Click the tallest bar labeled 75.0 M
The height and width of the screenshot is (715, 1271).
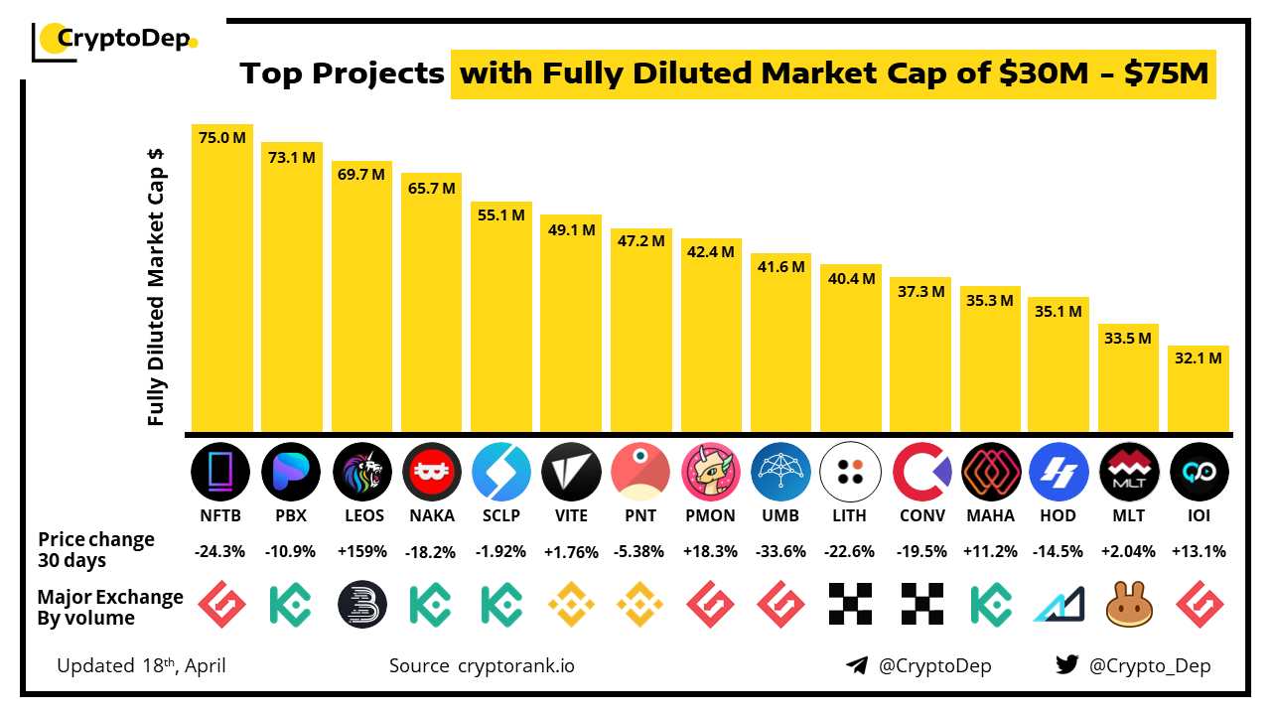click(222, 278)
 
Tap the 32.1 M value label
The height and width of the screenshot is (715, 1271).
click(1199, 358)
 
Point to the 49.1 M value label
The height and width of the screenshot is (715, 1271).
click(571, 229)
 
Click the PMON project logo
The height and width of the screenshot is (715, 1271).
click(711, 471)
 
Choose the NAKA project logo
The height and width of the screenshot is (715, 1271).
click(432, 471)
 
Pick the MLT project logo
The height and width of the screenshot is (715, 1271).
click(1129, 471)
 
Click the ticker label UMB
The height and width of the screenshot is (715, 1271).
click(780, 515)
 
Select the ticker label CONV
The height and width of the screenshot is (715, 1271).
click(920, 515)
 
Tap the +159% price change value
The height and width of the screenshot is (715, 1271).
click(361, 551)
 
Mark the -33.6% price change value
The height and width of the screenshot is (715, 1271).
click(780, 551)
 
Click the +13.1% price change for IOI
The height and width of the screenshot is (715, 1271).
click(1199, 551)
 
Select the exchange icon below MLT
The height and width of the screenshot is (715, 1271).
click(1129, 603)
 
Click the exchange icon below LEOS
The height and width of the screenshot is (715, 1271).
click(361, 603)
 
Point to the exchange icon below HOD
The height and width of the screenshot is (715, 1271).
click(1059, 603)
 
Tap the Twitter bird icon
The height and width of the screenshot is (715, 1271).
click(1067, 665)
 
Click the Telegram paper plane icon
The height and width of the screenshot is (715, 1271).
click(857, 665)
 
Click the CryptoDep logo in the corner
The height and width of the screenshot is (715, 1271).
click(114, 40)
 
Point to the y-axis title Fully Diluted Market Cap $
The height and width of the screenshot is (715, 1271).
click(156, 288)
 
